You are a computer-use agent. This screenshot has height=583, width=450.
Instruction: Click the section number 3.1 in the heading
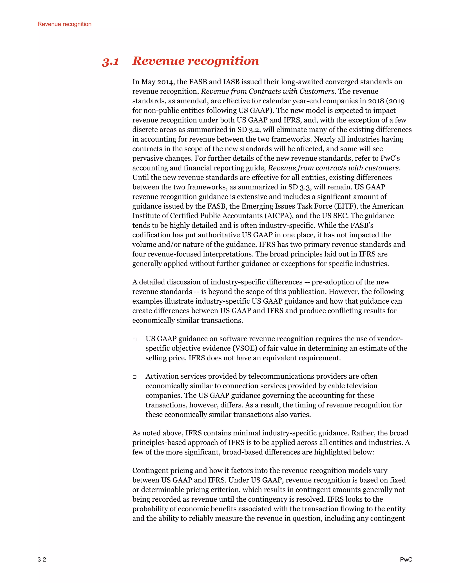(x=110, y=62)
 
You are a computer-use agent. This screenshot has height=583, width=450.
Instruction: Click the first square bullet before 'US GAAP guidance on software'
(x=135, y=339)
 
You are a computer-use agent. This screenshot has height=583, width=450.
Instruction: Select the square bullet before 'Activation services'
(x=135, y=377)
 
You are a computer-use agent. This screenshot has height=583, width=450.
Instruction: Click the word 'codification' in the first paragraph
(x=151, y=235)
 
